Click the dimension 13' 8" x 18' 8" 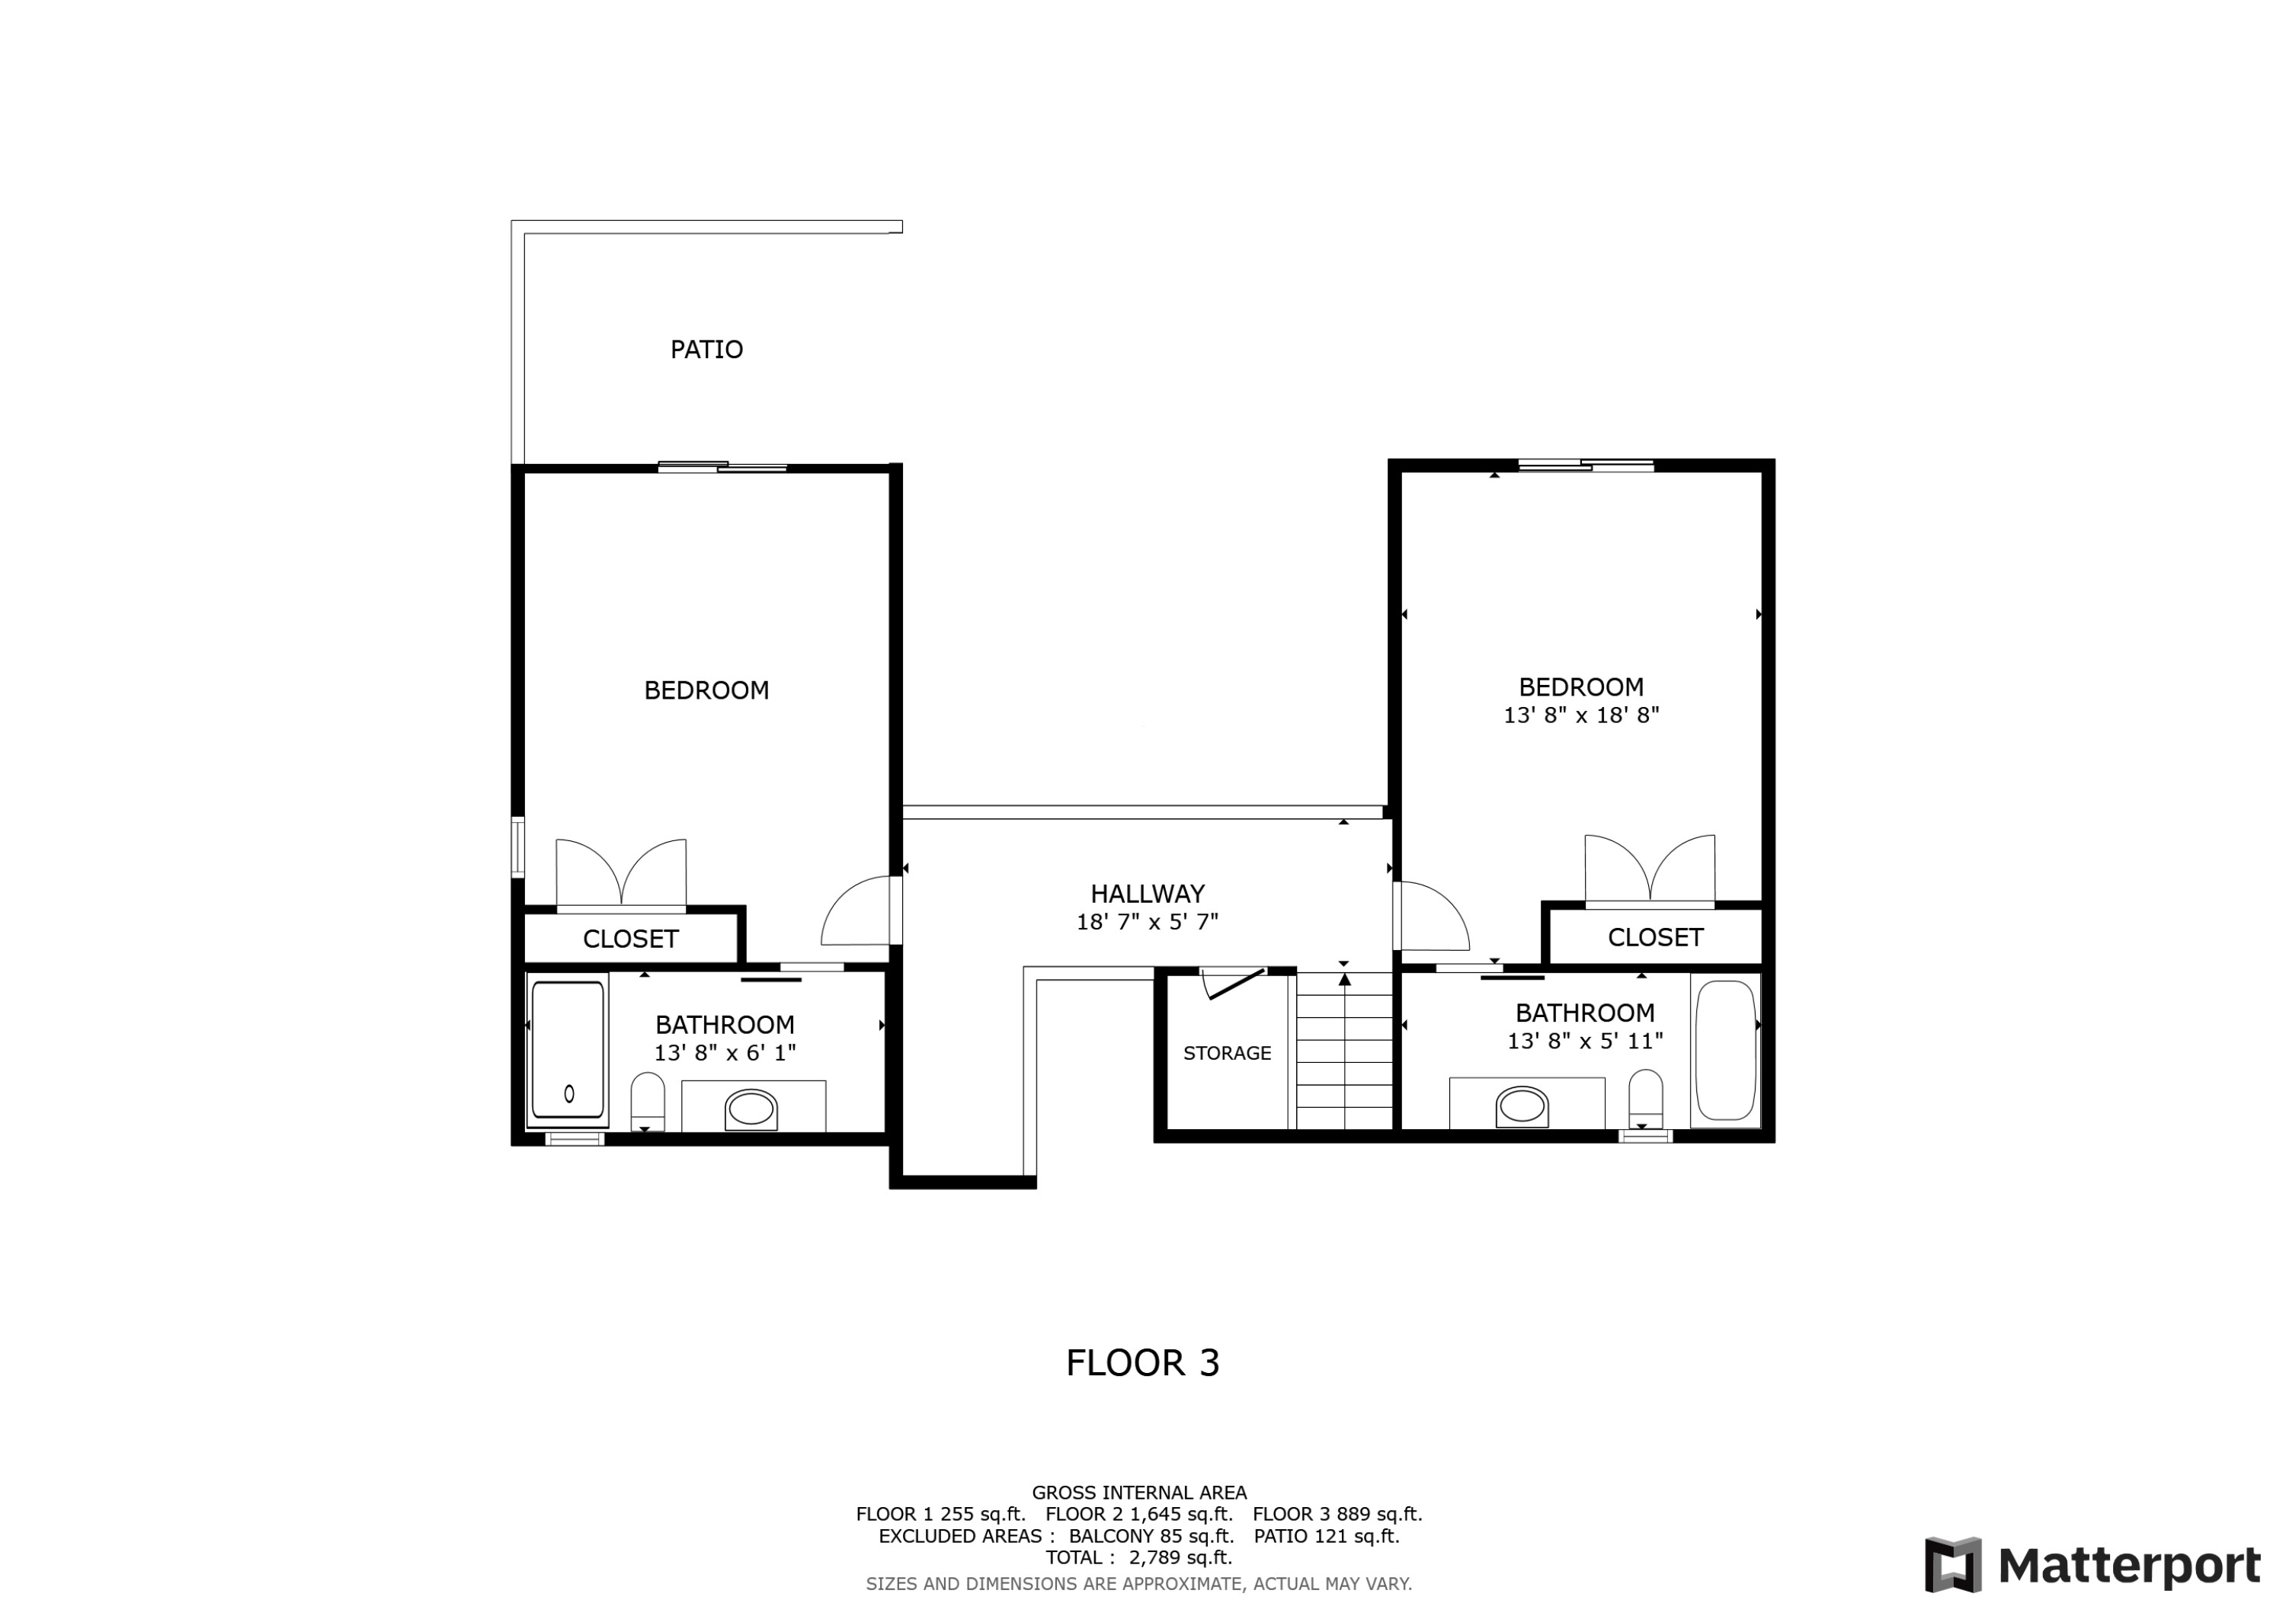tap(1581, 715)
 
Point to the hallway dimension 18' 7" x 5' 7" tap(1147, 922)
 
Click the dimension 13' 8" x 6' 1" tap(725, 1052)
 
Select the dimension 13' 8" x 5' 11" tap(1585, 1041)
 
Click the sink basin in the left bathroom tap(751, 1109)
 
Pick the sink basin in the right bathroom tap(1522, 1106)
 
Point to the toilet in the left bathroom tap(647, 1100)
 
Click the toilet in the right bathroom tap(1645, 1097)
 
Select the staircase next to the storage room tap(1344, 1054)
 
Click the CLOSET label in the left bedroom tap(630, 939)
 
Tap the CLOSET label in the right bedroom tap(1655, 937)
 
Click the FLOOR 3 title tap(1142, 1363)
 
